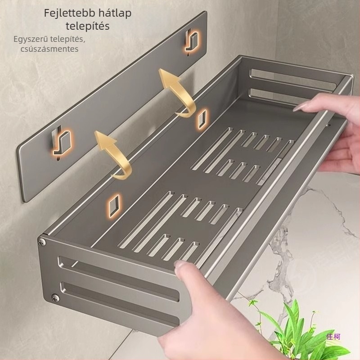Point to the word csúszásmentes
click(49, 49)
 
